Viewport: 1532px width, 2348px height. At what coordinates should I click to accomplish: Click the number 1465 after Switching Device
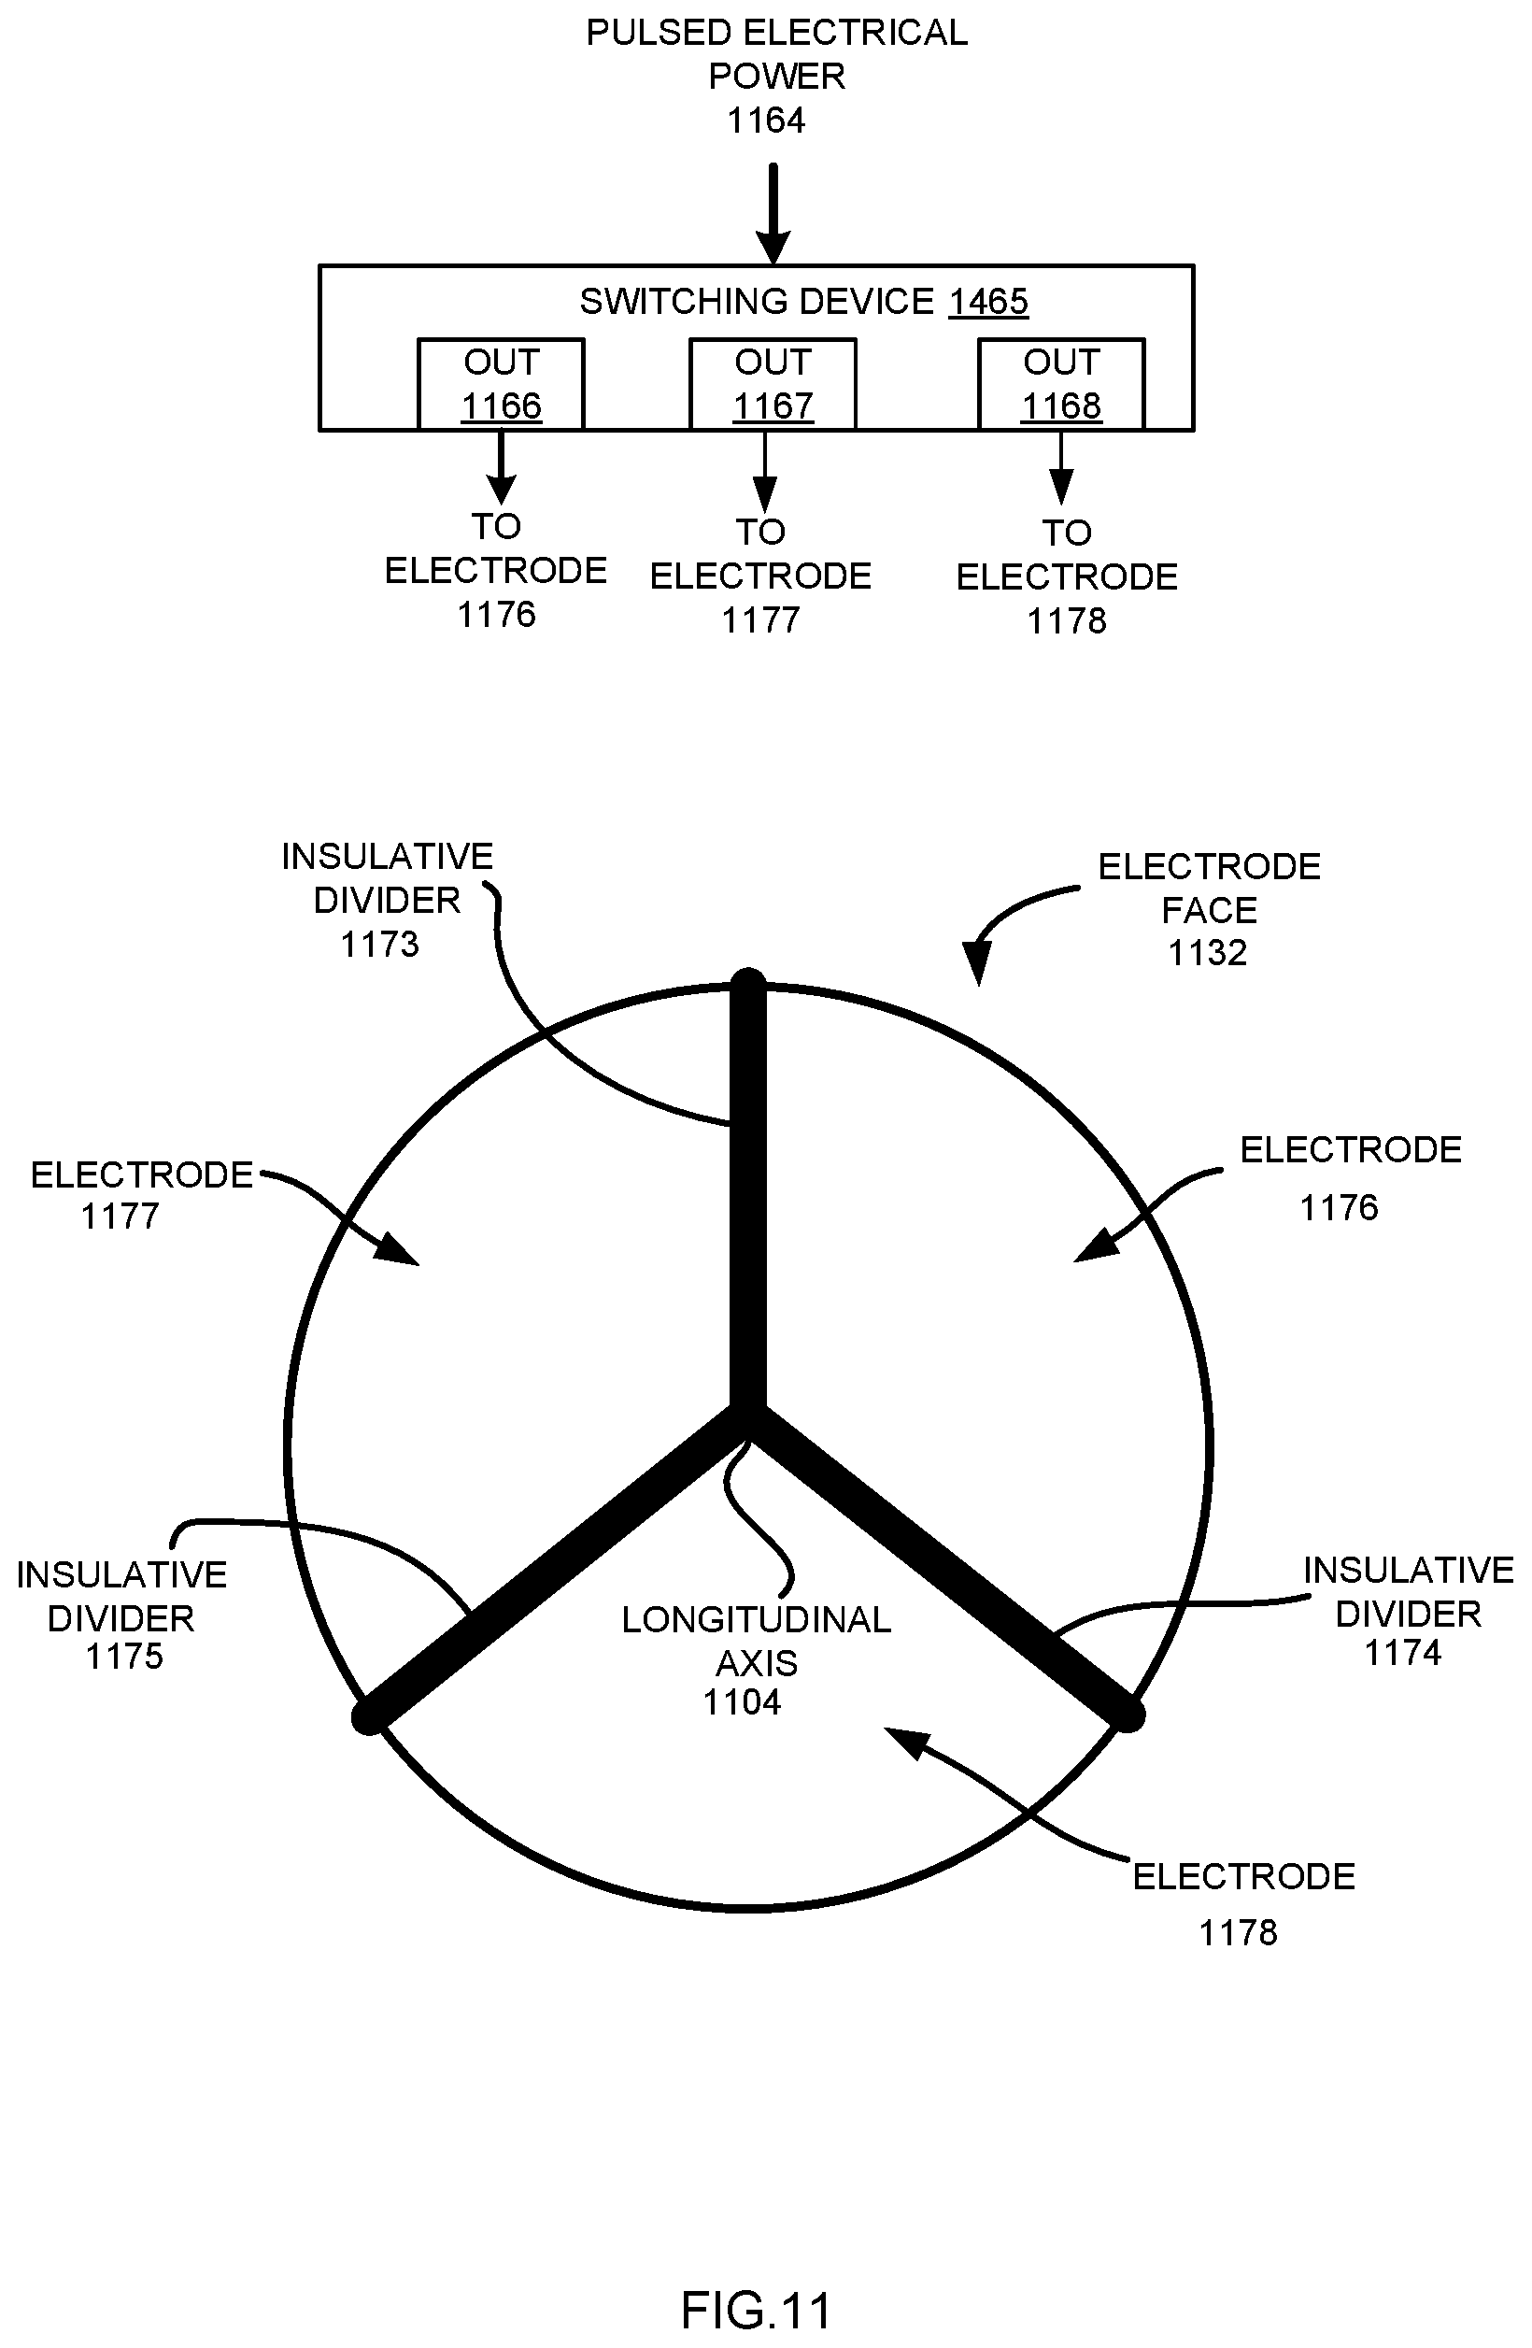(x=988, y=301)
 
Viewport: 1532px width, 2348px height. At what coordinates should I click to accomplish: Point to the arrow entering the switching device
(x=773, y=213)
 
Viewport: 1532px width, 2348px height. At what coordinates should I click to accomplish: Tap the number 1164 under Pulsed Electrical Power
(x=765, y=121)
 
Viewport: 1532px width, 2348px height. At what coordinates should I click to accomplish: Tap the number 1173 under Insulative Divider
(x=380, y=944)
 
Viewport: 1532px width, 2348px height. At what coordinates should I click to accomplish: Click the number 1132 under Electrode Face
(x=1208, y=953)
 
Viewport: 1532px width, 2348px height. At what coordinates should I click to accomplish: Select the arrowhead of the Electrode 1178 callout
(x=905, y=1743)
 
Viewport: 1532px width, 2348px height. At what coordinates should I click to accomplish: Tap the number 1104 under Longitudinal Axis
(x=742, y=1701)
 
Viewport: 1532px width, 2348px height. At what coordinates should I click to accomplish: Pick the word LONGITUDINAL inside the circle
(x=757, y=1619)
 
